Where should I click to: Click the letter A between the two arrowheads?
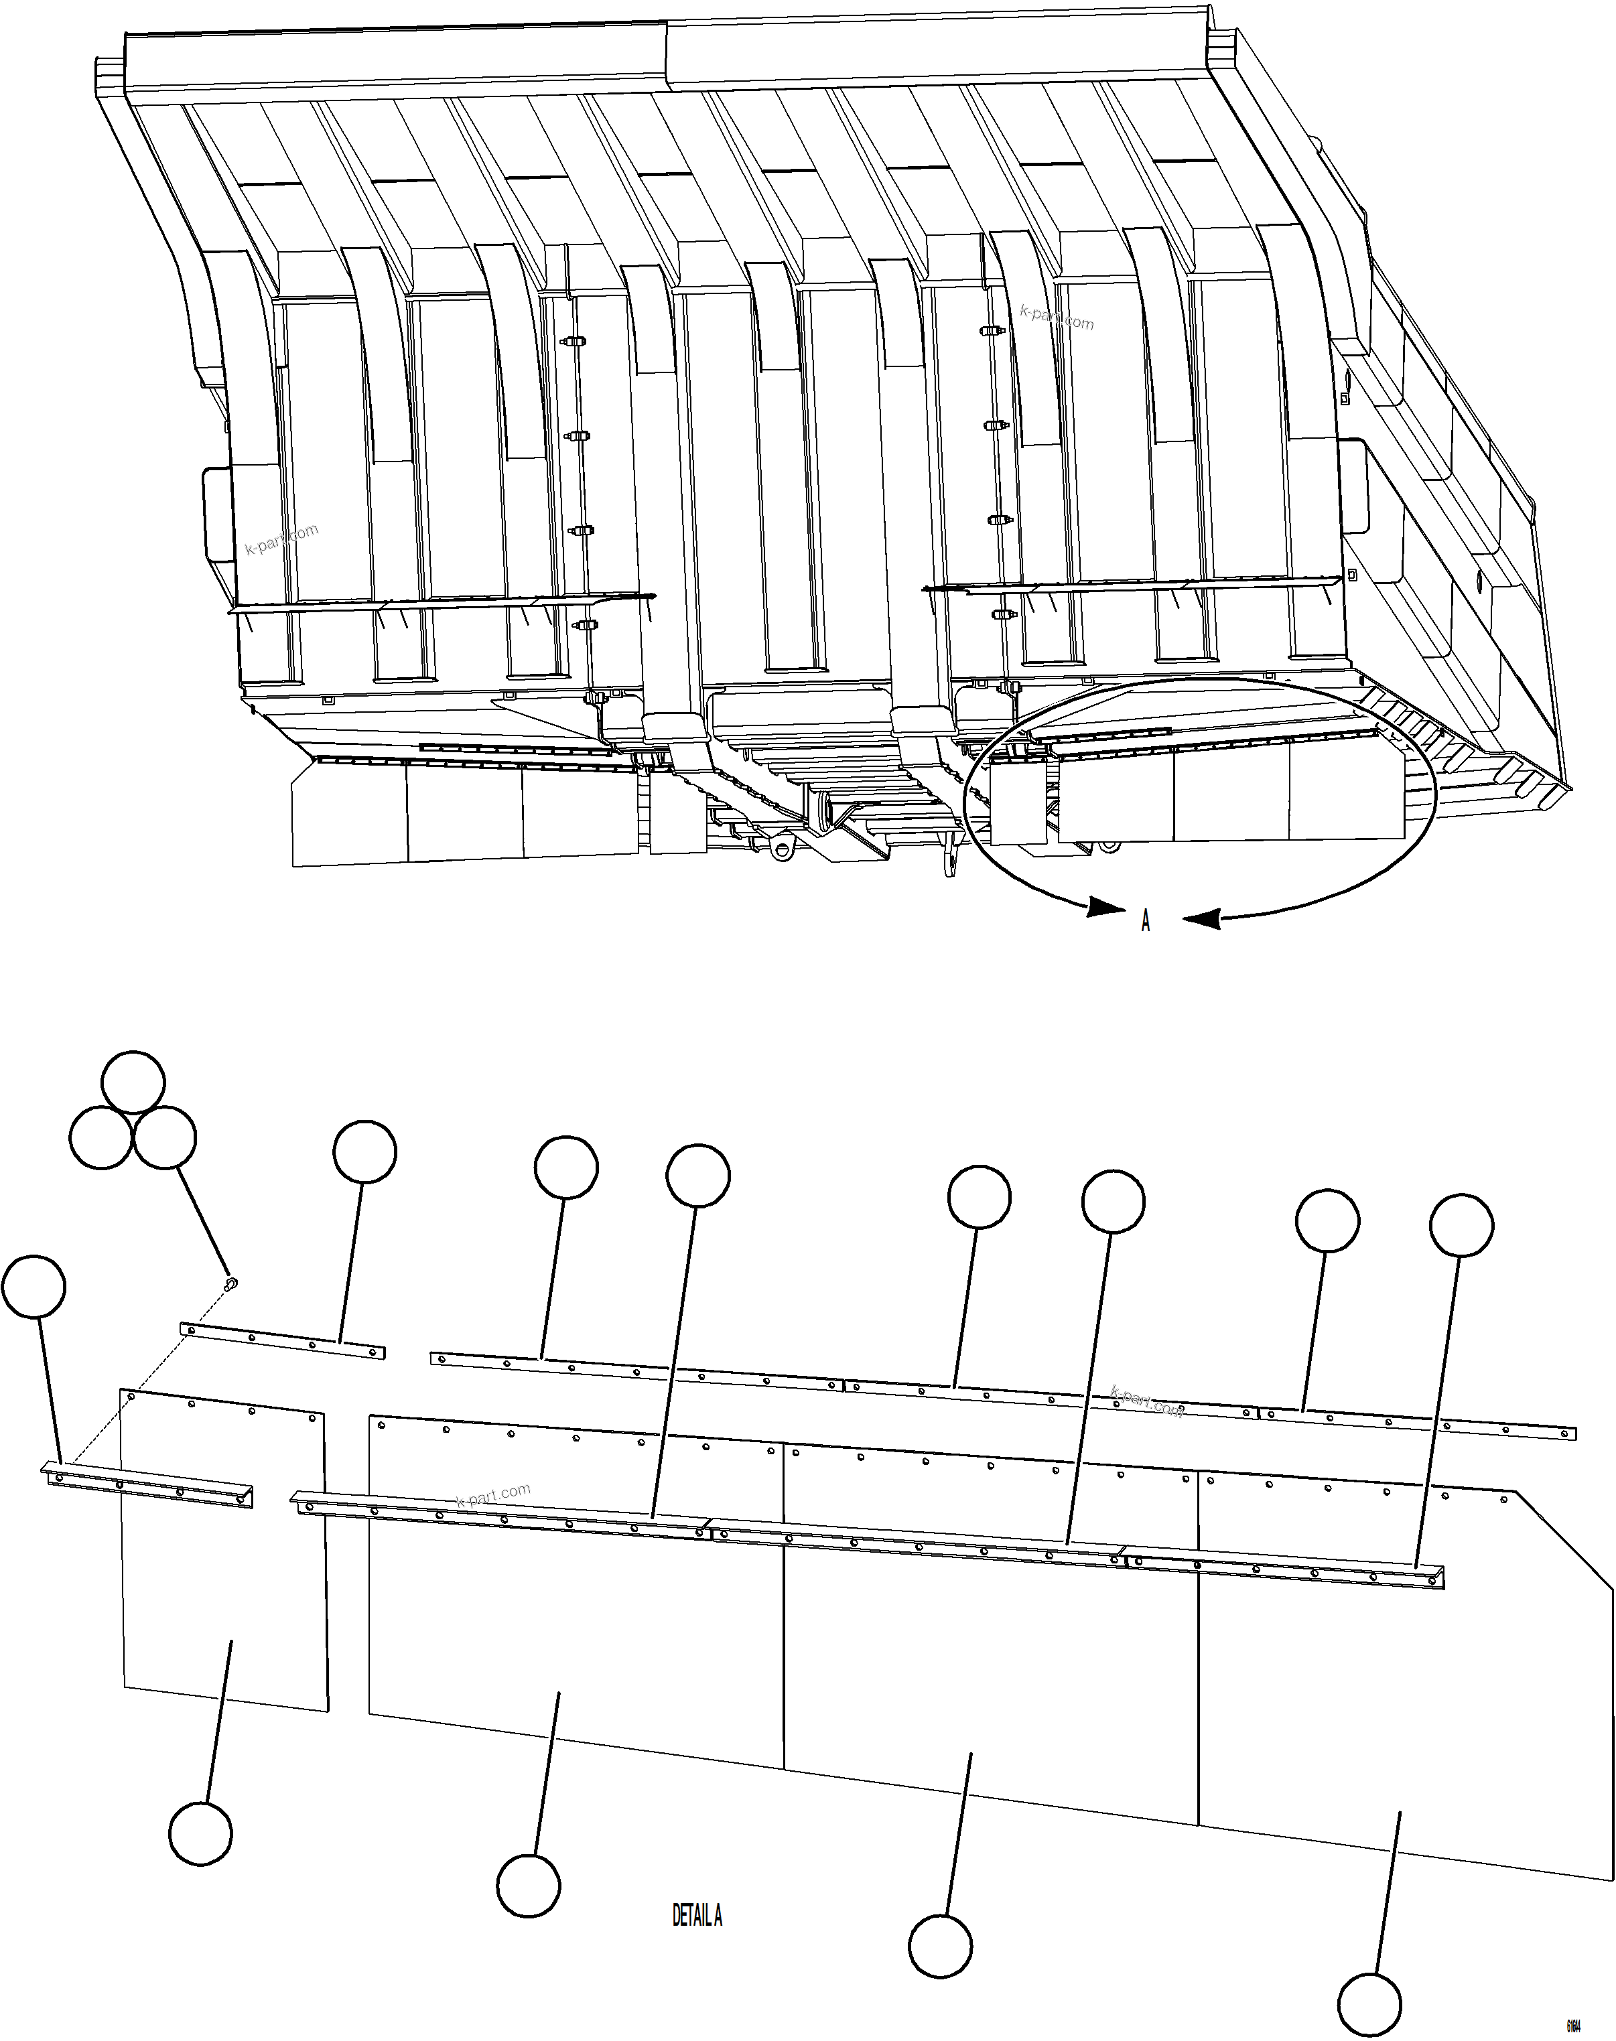(1145, 920)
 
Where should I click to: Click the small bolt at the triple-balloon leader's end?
(231, 1283)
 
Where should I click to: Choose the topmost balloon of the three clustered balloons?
(133, 1081)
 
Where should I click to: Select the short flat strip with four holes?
(283, 1340)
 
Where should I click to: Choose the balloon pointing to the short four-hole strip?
(364, 1152)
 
